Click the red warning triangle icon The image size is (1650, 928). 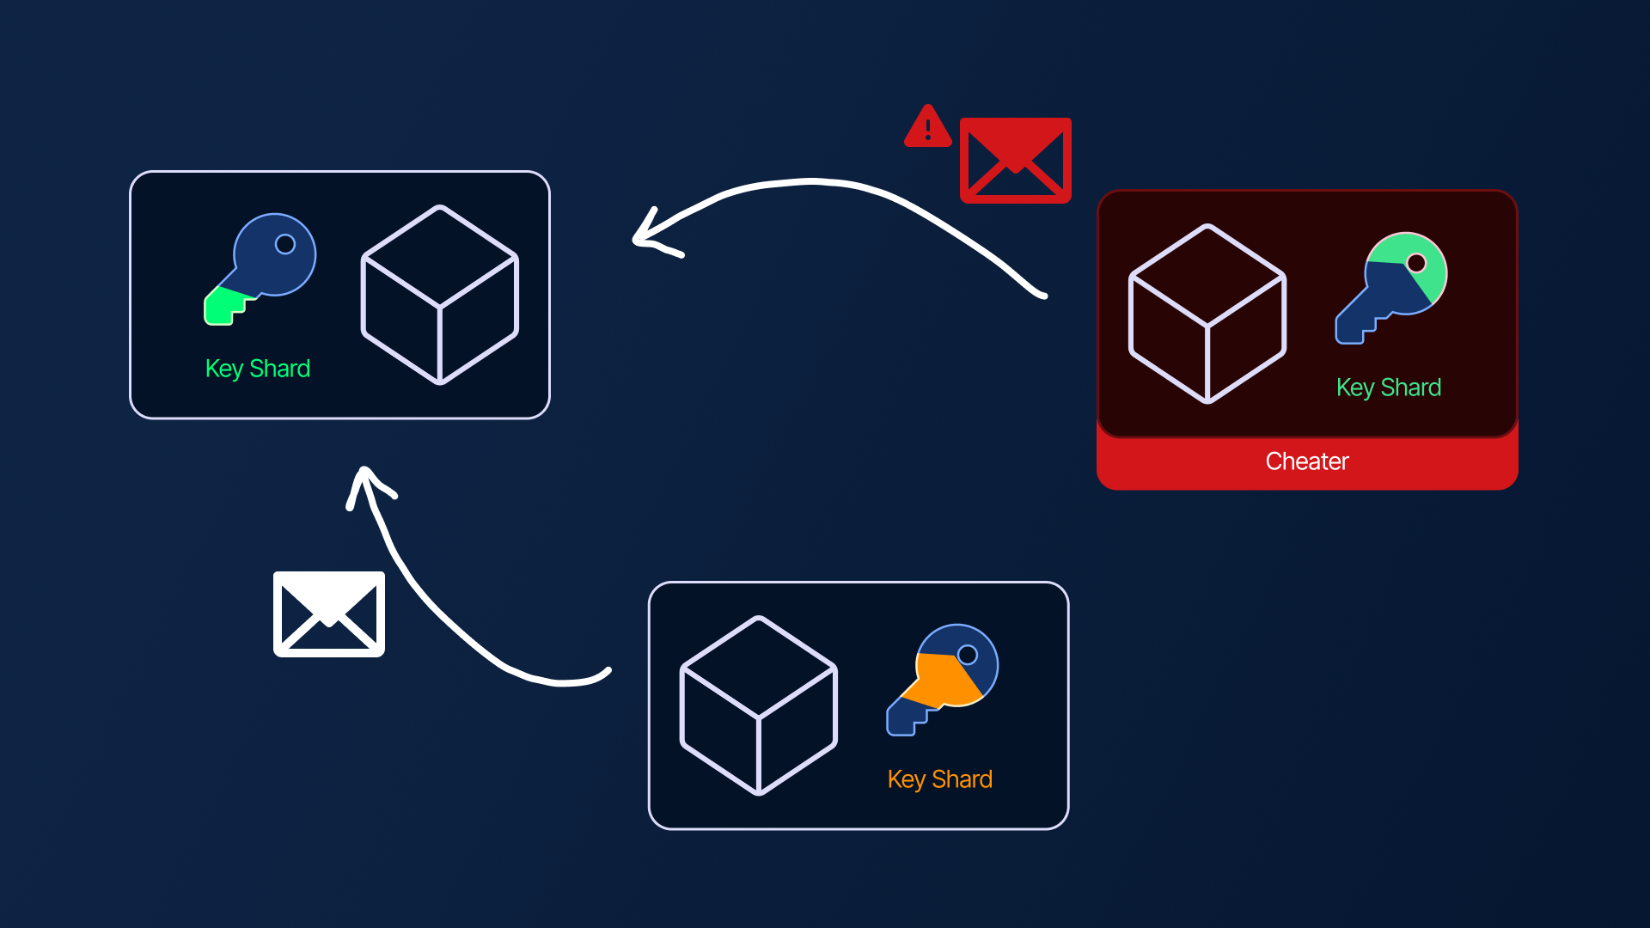927,129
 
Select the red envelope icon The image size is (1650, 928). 1015,161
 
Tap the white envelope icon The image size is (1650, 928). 328,614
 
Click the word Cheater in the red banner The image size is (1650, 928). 1306,461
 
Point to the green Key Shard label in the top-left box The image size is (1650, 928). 257,369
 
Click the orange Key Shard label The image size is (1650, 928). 939,779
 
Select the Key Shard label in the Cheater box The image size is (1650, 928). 1388,388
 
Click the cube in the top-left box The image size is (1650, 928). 439,295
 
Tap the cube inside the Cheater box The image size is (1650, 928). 1207,314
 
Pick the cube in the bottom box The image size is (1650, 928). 758,705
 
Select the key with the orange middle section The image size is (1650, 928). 944,679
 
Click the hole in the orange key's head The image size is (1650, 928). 968,655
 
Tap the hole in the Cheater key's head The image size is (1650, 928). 1416,263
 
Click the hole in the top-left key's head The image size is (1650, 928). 285,244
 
